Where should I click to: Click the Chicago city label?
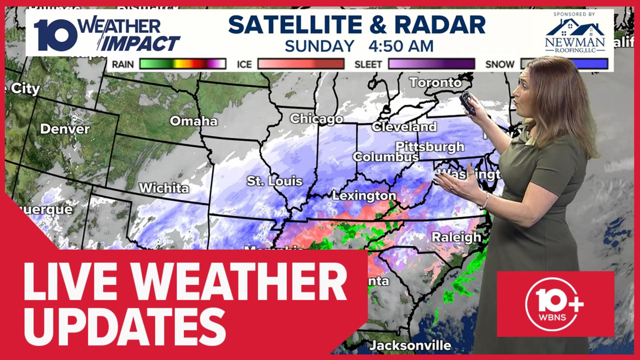pyautogui.click(x=316, y=119)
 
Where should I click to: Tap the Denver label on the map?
pyautogui.click(x=65, y=129)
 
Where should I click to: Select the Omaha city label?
pyautogui.click(x=193, y=121)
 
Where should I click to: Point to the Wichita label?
pyautogui.click(x=164, y=188)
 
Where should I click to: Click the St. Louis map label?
pyautogui.click(x=274, y=181)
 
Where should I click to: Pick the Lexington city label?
pyautogui.click(x=364, y=196)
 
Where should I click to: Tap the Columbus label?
pyautogui.click(x=386, y=157)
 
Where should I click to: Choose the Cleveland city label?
pyautogui.click(x=404, y=127)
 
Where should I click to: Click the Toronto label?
pyautogui.click(x=436, y=83)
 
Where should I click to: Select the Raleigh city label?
pyautogui.click(x=456, y=237)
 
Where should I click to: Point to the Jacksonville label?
pyautogui.click(x=411, y=345)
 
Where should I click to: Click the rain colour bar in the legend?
pyautogui.click(x=183, y=64)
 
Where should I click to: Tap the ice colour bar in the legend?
pyautogui.click(x=301, y=64)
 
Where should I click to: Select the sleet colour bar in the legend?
pyautogui.click(x=432, y=64)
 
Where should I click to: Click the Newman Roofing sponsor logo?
pyautogui.click(x=575, y=33)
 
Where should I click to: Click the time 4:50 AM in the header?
pyautogui.click(x=401, y=46)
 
